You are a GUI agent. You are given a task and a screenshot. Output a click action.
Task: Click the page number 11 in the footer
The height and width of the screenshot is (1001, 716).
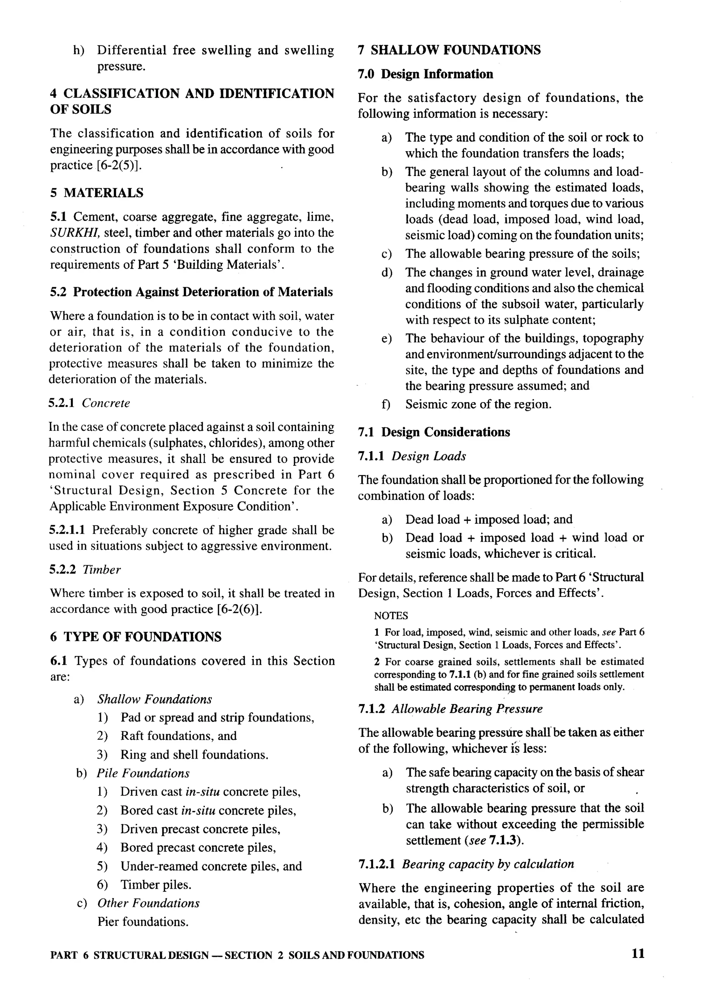638,954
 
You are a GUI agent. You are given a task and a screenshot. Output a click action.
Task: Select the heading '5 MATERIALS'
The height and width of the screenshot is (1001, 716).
96,193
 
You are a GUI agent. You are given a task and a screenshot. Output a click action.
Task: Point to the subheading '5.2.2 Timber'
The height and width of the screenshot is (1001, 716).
85,569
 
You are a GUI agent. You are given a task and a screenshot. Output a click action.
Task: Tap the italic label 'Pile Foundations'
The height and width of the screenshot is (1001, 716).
143,773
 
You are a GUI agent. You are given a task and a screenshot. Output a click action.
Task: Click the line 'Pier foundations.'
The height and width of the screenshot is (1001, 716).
143,922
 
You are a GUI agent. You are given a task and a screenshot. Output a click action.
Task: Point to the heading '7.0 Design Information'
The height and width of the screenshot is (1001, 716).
425,74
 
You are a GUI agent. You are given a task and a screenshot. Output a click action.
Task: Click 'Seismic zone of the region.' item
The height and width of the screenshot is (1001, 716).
478,404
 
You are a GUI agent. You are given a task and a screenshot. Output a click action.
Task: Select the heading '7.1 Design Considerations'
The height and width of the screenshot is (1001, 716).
434,432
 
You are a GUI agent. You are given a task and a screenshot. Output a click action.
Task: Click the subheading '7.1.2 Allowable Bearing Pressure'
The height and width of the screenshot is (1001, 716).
450,709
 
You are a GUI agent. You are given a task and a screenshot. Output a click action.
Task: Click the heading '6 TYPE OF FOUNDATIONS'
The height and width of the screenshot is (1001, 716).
136,637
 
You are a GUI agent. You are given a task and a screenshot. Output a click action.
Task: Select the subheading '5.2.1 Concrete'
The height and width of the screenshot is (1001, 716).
89,403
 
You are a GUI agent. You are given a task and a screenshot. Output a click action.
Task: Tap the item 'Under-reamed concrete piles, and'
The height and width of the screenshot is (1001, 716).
211,866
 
